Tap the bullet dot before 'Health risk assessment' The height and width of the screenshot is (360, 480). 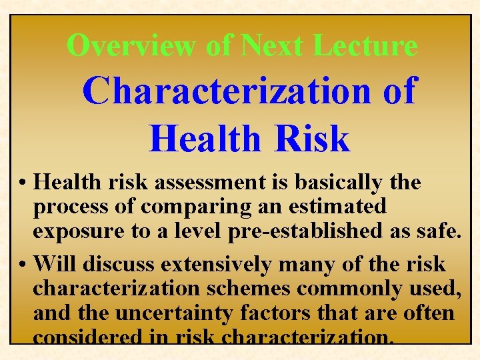click(x=23, y=183)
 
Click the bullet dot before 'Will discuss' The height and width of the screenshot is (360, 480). click(x=23, y=265)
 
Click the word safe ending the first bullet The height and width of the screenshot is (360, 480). click(x=437, y=231)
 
